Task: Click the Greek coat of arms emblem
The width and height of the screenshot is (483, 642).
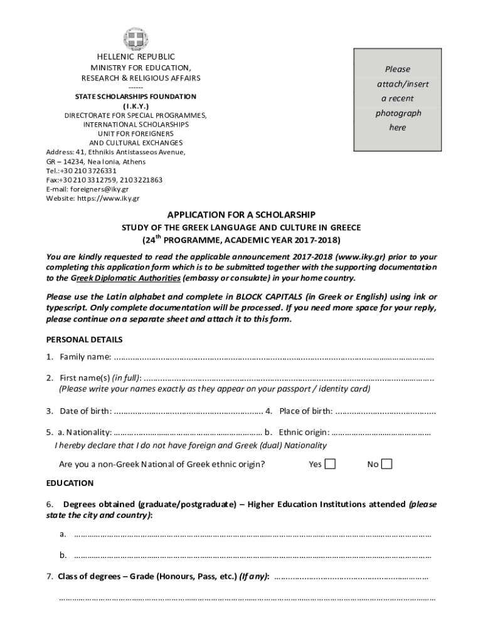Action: point(135,39)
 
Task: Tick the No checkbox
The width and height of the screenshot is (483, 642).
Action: point(387,464)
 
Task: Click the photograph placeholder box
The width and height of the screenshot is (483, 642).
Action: point(398,99)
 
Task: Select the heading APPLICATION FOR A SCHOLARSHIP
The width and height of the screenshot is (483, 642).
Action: point(241,214)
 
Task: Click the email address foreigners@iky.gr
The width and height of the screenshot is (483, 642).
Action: point(100,189)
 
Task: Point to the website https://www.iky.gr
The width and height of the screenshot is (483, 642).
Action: point(108,198)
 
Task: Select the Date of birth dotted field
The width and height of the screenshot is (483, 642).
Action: point(188,411)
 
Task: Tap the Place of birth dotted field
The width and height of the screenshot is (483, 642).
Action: point(385,411)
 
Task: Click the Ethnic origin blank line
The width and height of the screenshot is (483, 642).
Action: point(381,432)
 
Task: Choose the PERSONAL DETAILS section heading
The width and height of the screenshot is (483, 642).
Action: point(85,339)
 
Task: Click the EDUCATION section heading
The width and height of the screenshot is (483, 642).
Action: point(70,483)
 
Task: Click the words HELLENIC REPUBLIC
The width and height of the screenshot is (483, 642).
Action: point(136,57)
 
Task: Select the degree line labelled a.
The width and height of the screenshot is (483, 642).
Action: point(252,535)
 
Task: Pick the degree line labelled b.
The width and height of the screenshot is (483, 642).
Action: point(252,555)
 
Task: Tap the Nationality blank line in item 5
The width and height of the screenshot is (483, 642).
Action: point(188,432)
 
